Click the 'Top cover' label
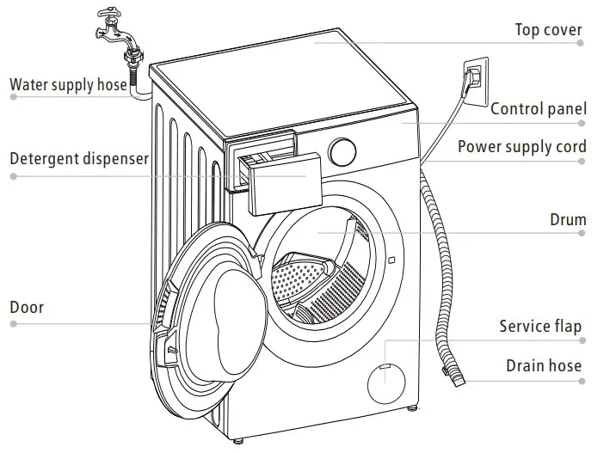(548, 30)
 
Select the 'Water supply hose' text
(69, 84)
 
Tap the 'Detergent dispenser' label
(79, 159)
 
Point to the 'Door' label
(27, 307)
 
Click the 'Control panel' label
(539, 109)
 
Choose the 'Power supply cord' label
(522, 147)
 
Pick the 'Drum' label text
(568, 220)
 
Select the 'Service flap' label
(540, 327)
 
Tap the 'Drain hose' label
(544, 365)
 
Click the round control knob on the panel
(342, 151)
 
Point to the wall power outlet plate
(476, 82)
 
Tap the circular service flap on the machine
(386, 383)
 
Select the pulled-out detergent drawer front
(285, 184)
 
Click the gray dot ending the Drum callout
(582, 233)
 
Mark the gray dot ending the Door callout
(14, 323)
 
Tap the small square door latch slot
(391, 260)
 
